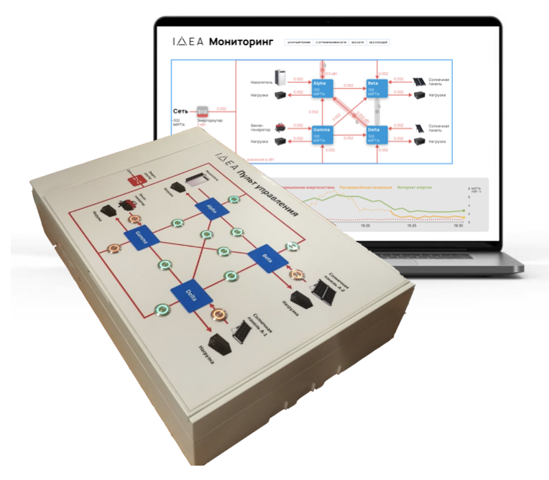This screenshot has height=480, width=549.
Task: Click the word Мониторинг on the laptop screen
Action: (x=241, y=42)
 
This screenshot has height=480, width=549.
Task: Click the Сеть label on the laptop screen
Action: (x=181, y=112)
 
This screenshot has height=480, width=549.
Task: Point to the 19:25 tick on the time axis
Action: (x=411, y=225)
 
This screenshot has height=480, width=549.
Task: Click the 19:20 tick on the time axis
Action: (x=364, y=225)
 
